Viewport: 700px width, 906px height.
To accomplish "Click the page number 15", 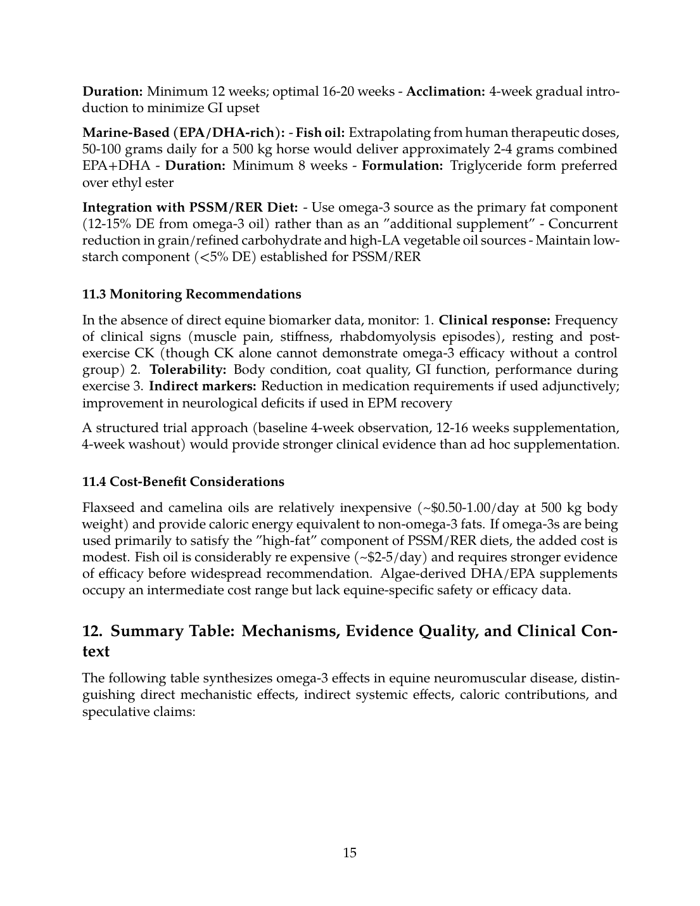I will tap(350, 852).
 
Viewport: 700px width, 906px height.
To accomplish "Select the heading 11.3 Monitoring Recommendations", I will tap(191, 294).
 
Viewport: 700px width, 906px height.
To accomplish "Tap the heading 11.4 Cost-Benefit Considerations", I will tap(183, 482).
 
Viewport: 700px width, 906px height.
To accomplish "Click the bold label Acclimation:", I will tap(445, 91).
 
